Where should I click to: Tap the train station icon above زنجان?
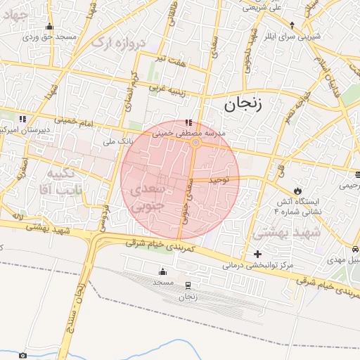(188, 285)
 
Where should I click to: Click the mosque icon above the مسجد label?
(164, 271)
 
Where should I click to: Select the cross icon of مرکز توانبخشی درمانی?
(257, 254)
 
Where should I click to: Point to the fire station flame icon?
(299, 191)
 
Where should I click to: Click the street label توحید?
(221, 180)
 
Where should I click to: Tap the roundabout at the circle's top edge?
(195, 143)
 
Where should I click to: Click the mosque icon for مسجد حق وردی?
(49, 27)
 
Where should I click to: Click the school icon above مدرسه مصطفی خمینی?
(188, 122)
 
